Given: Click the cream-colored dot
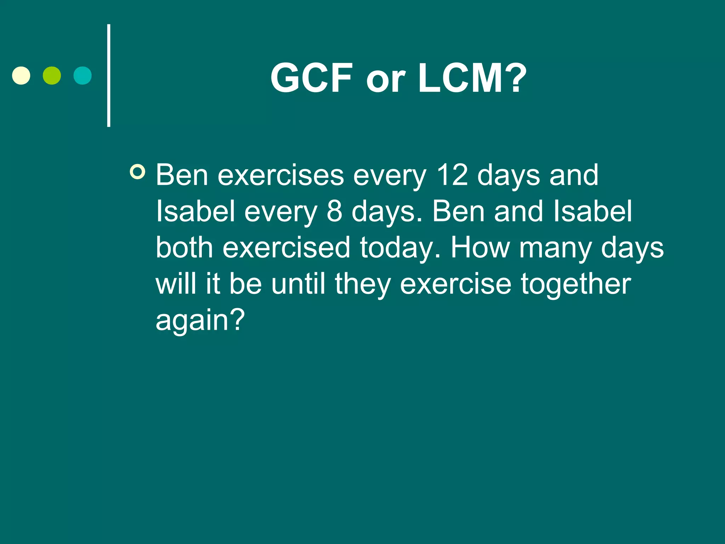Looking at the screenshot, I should (21, 75).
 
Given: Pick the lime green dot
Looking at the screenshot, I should (52, 75).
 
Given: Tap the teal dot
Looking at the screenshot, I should (82, 75).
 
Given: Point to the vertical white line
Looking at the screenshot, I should (109, 75).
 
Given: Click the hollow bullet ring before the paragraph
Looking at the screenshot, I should (137, 172).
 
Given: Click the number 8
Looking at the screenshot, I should (335, 211).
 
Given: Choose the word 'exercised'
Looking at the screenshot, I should (286, 248).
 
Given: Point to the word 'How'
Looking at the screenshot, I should (480, 248).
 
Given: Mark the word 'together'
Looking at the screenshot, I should (576, 284).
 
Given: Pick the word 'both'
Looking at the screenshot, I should (184, 248).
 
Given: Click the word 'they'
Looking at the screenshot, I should (362, 285).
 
